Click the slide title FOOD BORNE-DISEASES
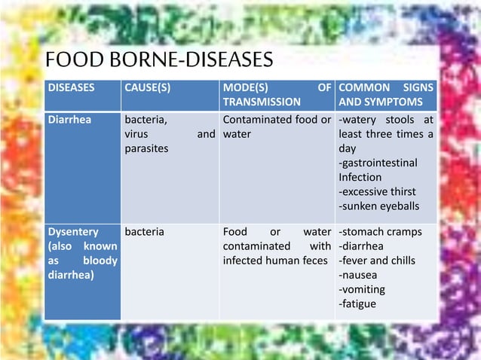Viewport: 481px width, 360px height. (159, 59)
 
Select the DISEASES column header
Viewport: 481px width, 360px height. (72, 87)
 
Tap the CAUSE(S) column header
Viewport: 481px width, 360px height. (148, 87)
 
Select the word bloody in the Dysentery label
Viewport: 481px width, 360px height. (100, 260)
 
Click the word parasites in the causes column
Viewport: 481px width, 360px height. (146, 148)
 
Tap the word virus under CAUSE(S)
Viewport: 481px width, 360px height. (137, 134)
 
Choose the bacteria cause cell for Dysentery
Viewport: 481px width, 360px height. (144, 231)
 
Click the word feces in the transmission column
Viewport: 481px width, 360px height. (314, 261)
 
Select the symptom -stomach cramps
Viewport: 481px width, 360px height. (381, 231)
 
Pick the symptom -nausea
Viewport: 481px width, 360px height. (359, 275)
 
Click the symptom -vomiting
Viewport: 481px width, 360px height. (362, 289)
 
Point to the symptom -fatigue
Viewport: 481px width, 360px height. (357, 304)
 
